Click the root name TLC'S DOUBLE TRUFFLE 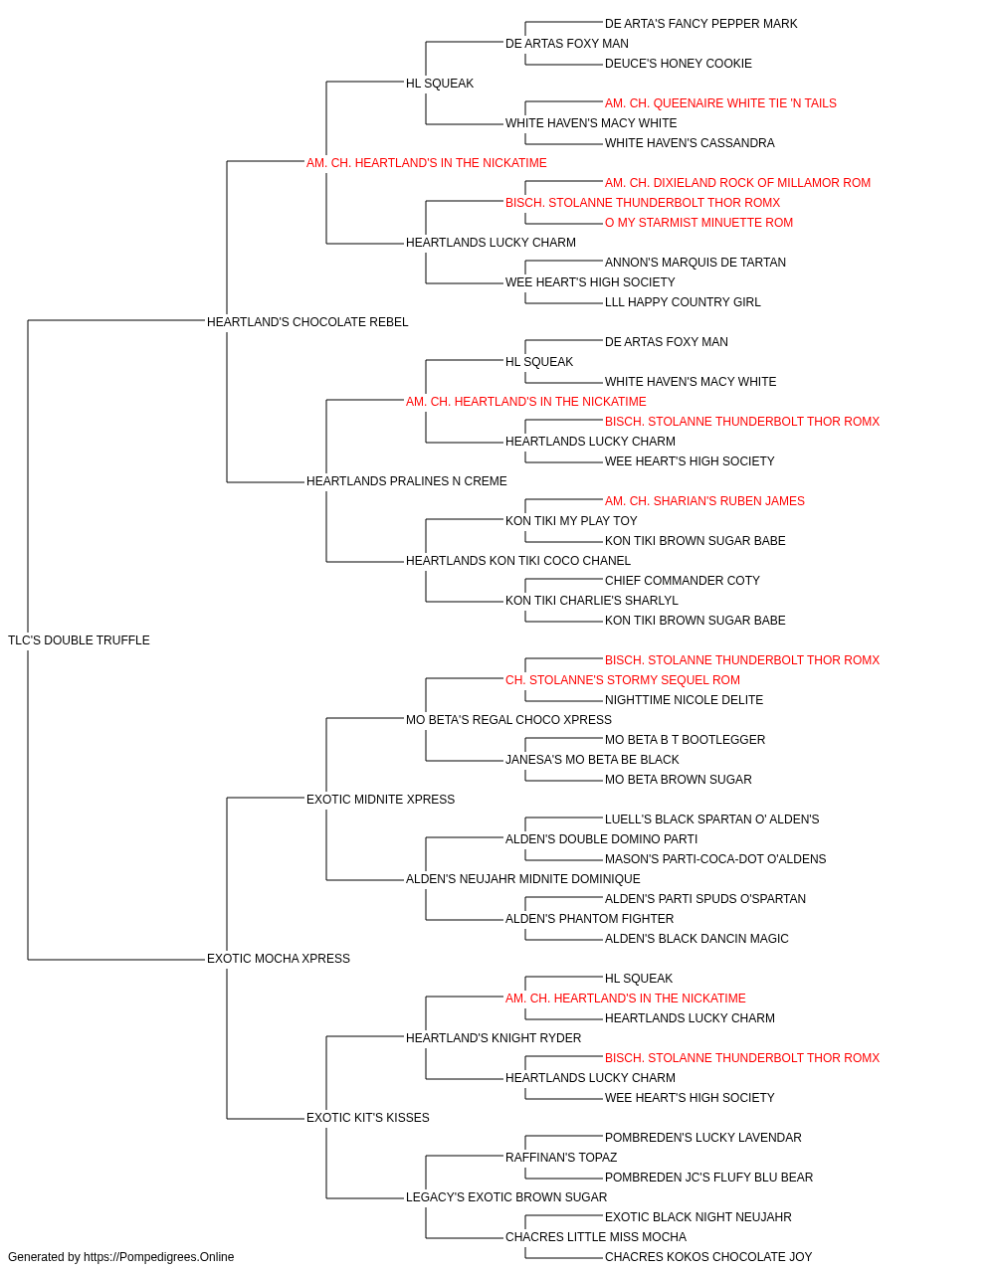[x=79, y=639]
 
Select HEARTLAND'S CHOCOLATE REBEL [x=307, y=321]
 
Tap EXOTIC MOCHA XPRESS [x=278, y=959]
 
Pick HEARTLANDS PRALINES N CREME [x=406, y=481]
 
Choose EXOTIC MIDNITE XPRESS [x=380, y=799]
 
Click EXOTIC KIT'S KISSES [x=367, y=1117]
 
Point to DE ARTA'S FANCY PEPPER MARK [x=700, y=24]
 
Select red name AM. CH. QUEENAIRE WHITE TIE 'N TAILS [x=720, y=103]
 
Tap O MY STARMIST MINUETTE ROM [x=698, y=223]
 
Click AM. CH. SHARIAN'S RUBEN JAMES [x=704, y=501]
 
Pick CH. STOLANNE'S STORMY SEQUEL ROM [x=622, y=679]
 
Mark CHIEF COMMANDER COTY [x=683, y=581]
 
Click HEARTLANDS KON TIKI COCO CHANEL [x=518, y=561]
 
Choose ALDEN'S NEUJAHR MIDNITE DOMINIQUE [x=522, y=879]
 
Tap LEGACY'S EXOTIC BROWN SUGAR [x=506, y=1196]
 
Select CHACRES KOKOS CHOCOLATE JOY [x=707, y=1257]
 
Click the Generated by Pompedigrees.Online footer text [x=120, y=1257]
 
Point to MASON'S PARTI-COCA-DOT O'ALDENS [x=714, y=859]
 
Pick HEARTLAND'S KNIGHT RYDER [x=494, y=1037]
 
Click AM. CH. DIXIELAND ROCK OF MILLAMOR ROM [x=737, y=183]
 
